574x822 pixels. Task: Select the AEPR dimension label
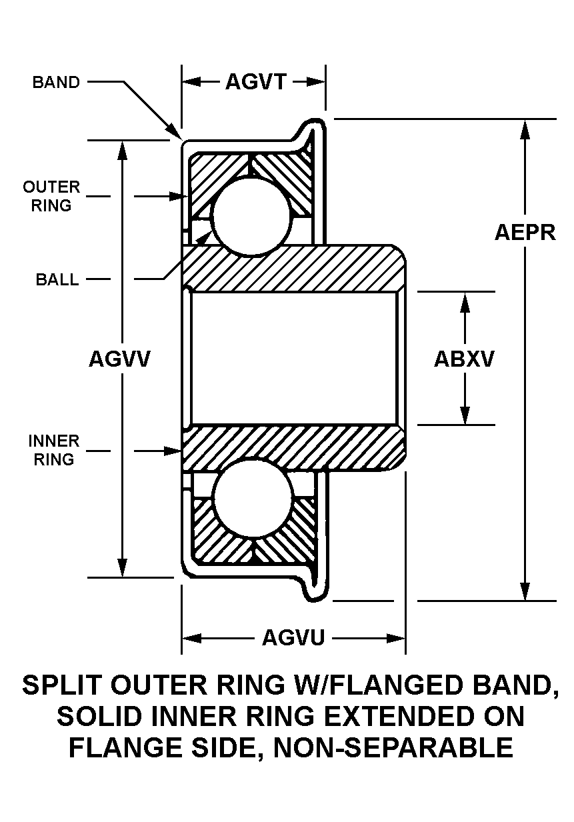[525, 232]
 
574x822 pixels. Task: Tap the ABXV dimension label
[465, 359]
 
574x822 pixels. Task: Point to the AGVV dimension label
[120, 359]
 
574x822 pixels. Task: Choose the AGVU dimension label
[293, 638]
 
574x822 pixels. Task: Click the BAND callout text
[56, 83]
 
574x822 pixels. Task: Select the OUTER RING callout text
[51, 196]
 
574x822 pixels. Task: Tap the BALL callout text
[57, 279]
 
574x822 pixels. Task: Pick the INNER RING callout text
[53, 450]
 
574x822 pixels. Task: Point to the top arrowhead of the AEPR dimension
[525, 128]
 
